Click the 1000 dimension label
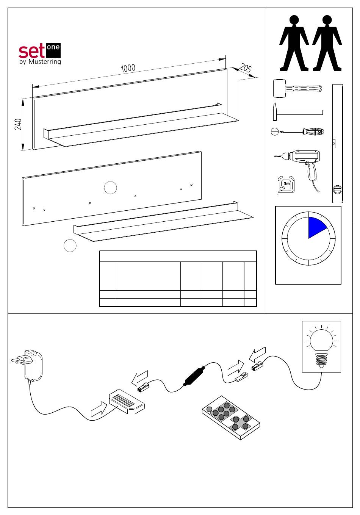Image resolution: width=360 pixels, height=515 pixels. coord(128,68)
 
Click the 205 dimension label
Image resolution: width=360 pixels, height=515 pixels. coord(246,68)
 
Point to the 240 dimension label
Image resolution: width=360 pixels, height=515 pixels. coord(18,124)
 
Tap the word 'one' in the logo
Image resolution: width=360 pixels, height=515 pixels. coord(53,48)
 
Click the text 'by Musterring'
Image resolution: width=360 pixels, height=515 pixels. coord(40,62)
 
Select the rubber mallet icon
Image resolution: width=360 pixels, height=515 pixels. coord(297,89)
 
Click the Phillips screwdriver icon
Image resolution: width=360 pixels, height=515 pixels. coord(297,132)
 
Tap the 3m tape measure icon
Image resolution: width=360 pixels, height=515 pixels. coord(286,185)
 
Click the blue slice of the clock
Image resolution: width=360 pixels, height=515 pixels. coord(316,226)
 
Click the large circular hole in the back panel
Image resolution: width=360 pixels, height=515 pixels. coord(110,187)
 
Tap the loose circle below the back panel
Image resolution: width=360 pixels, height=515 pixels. coord(70,245)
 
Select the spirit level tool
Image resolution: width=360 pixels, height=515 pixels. coord(338,144)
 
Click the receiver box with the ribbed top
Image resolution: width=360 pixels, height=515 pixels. coord(127,401)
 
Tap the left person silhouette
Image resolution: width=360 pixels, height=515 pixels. coord(294,43)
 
